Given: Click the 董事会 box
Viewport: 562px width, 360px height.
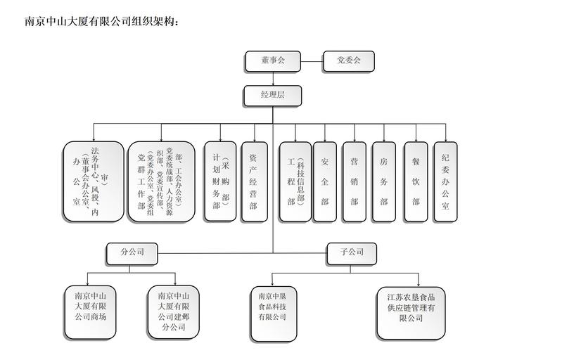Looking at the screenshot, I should pyautogui.click(x=273, y=61).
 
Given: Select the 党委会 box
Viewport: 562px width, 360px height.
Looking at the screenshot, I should pyautogui.click(x=348, y=61).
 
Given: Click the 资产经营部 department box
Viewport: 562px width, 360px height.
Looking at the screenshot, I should pyautogui.click(x=253, y=182).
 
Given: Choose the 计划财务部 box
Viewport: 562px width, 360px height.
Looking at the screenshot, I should pyautogui.click(x=220, y=182).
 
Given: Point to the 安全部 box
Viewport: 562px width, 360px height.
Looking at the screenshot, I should pyautogui.click(x=325, y=182).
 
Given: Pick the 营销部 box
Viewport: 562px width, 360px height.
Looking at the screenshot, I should pyautogui.click(x=355, y=182).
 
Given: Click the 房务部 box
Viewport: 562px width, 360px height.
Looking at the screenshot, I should pyautogui.click(x=384, y=182).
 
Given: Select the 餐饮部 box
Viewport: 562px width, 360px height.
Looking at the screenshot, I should pyautogui.click(x=416, y=182).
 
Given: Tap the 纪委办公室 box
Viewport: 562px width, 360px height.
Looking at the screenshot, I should pyautogui.click(x=445, y=182).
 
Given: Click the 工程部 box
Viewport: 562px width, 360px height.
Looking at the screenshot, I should pyautogui.click(x=294, y=182).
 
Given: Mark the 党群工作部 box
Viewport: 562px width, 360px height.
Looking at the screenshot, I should pyautogui.click(x=160, y=182).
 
